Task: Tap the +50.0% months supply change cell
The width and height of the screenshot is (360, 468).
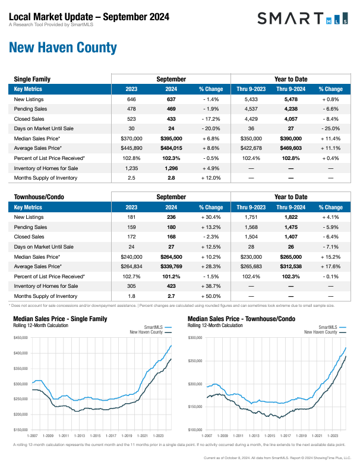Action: click(x=210, y=296)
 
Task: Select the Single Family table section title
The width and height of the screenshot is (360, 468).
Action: click(x=32, y=79)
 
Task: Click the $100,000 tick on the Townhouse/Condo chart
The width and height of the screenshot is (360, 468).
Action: click(x=195, y=429)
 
